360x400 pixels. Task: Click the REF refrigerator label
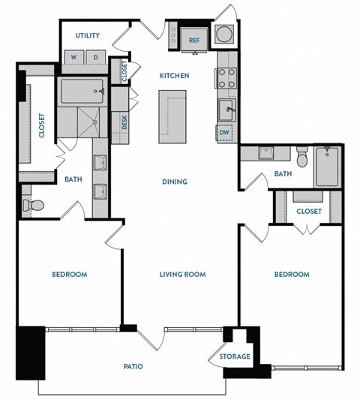[x=193, y=41]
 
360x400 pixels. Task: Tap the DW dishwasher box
[x=225, y=134]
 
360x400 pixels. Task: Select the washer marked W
[x=75, y=58]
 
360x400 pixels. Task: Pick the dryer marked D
[x=96, y=58]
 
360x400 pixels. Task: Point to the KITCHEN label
[x=173, y=76]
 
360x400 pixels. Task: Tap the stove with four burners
[x=226, y=78]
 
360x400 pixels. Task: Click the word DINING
[x=174, y=182]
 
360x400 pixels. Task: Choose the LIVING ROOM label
[x=182, y=275]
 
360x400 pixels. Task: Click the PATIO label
[x=133, y=367]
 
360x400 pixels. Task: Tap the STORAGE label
[x=235, y=356]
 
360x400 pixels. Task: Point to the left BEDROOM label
[x=69, y=275]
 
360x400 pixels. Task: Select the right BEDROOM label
[x=292, y=275]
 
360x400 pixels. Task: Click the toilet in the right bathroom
[x=303, y=158]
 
